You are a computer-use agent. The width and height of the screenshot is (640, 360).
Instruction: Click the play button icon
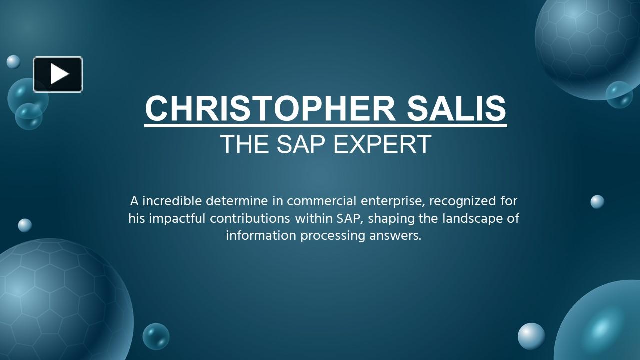tap(58, 74)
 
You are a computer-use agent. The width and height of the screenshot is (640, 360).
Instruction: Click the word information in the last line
tap(261, 235)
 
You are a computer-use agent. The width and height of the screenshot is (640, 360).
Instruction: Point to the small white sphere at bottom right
tap(531, 336)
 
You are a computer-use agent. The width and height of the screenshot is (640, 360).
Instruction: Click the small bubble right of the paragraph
tap(597, 202)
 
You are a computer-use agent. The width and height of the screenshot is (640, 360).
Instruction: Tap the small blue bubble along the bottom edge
tap(156, 336)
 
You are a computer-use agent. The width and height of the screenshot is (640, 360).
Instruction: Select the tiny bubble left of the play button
tap(13, 62)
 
